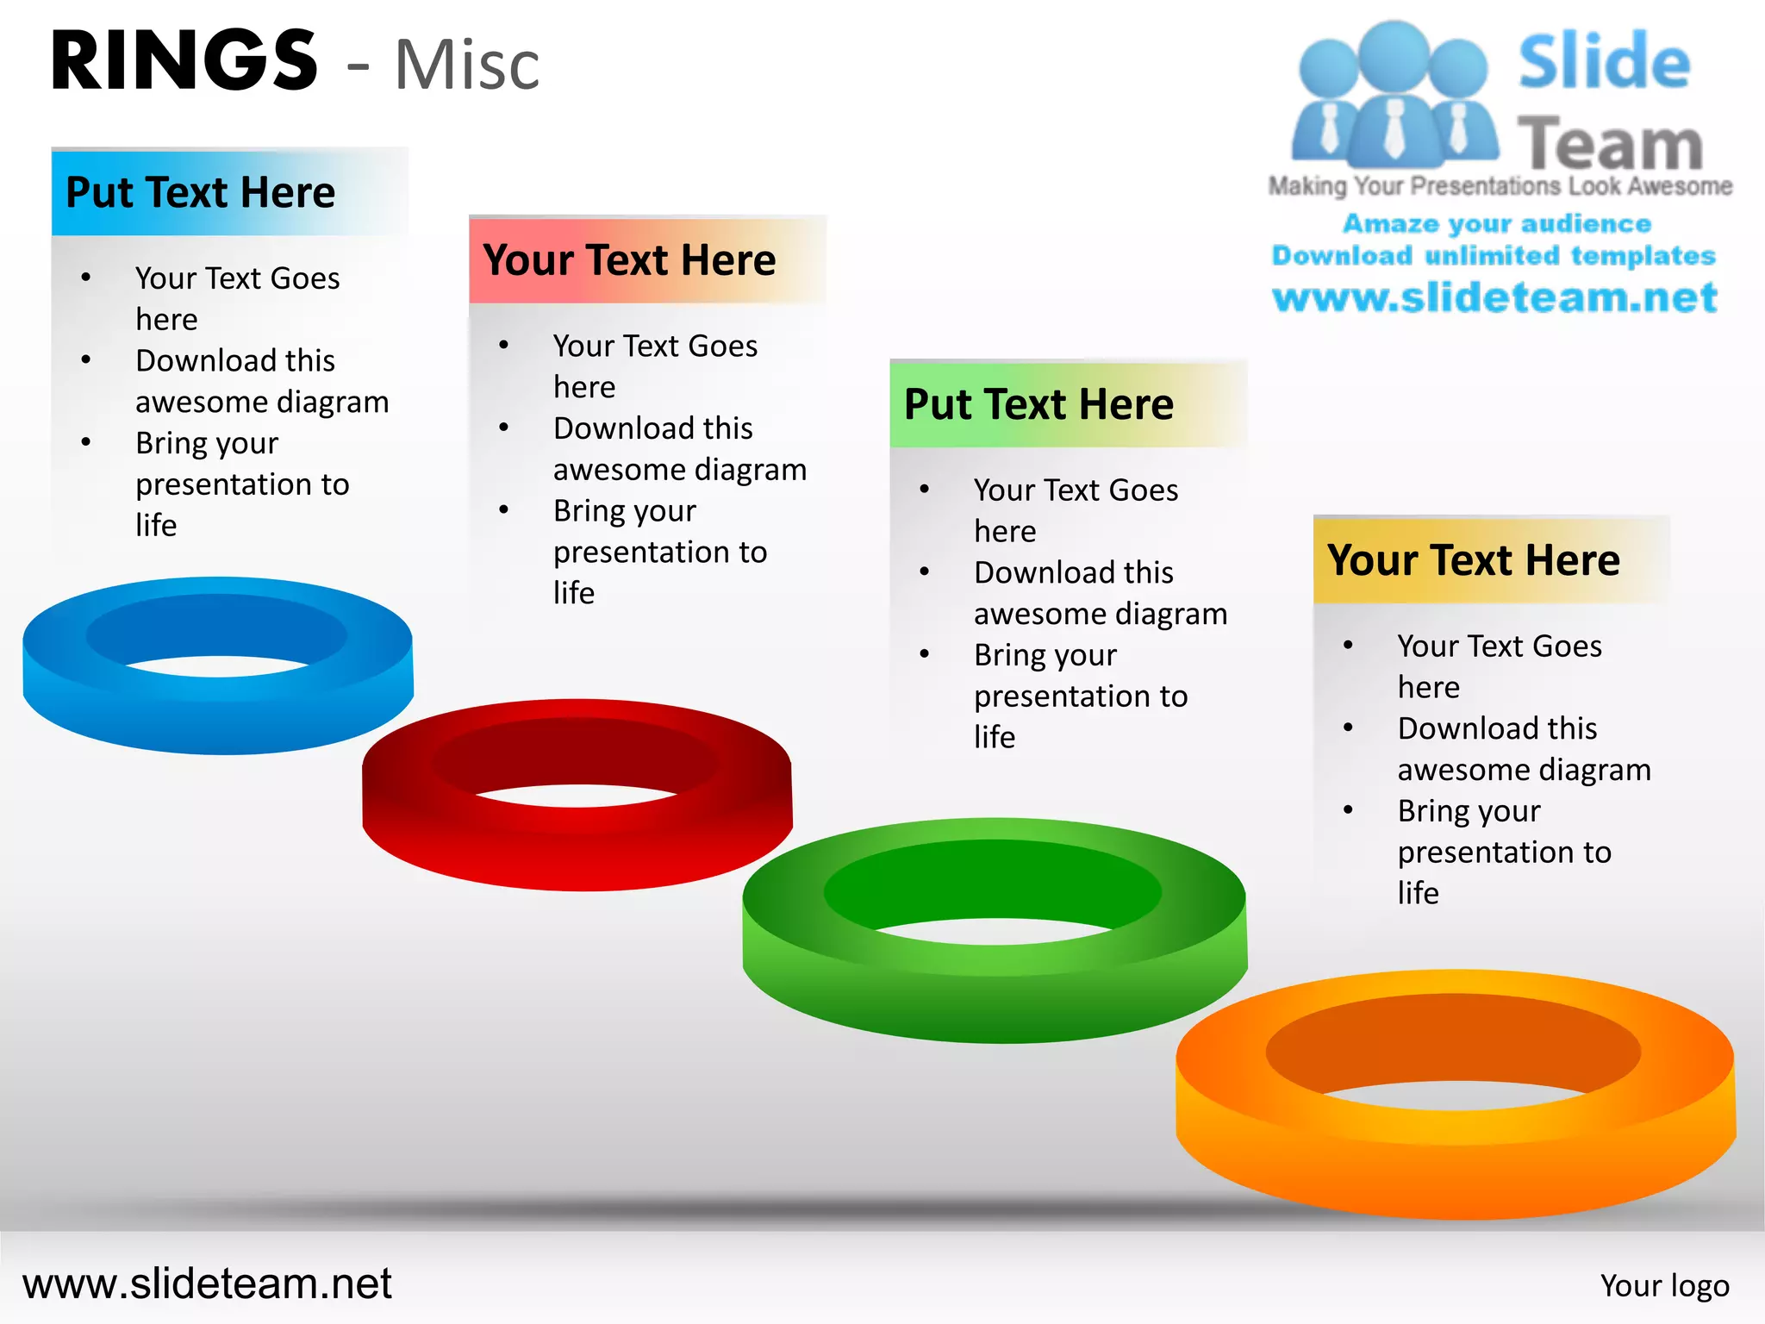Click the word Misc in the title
(x=467, y=66)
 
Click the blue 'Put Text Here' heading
(x=201, y=192)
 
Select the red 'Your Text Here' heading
(x=629, y=260)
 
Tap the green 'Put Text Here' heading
(x=1038, y=404)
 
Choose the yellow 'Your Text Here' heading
(x=1474, y=560)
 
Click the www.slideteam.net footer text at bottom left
(x=207, y=1283)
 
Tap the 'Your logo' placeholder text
(x=1664, y=1286)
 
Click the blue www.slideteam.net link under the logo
(x=1494, y=298)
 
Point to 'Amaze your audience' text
(x=1497, y=224)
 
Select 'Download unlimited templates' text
(x=1494, y=256)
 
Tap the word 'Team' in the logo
(x=1610, y=143)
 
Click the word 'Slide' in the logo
(x=1604, y=62)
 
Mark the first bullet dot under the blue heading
(x=86, y=278)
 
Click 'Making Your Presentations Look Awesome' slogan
(x=1500, y=186)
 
